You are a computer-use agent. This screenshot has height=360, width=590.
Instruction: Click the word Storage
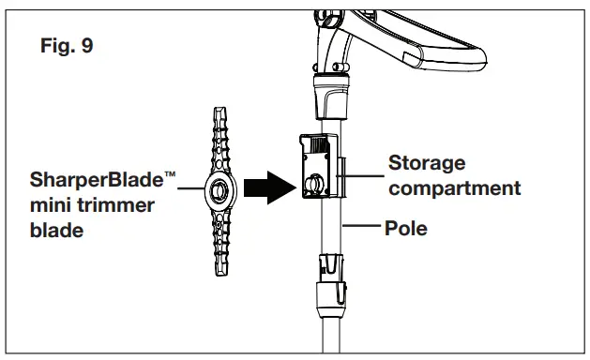click(426, 164)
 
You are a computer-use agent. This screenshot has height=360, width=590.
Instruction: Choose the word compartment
click(455, 188)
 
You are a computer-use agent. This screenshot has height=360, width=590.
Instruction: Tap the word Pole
click(407, 227)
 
